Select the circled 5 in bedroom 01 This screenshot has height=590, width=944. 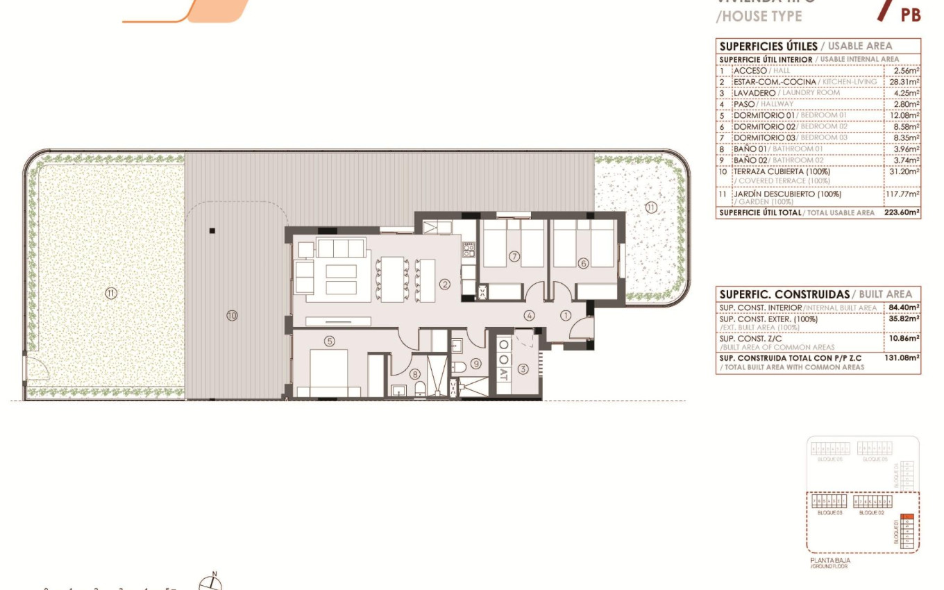click(x=330, y=341)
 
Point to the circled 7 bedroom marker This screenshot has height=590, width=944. click(x=514, y=256)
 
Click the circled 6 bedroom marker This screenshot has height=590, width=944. click(x=583, y=262)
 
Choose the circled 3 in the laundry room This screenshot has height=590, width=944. click(x=523, y=369)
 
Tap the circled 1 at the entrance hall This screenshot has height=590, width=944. click(x=566, y=316)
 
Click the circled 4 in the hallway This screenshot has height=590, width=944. click(x=530, y=316)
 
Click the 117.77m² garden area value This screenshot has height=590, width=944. click(x=902, y=195)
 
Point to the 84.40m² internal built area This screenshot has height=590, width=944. click(x=904, y=307)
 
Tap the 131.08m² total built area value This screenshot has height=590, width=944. click(x=902, y=357)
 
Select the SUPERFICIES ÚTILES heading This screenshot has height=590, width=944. click(x=768, y=47)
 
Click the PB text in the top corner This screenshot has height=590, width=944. click(x=911, y=15)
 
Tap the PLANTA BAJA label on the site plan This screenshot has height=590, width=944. click(x=829, y=560)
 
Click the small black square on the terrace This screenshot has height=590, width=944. click(x=212, y=230)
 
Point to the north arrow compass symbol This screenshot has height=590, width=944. click(x=210, y=582)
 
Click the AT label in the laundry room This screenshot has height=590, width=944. click(x=504, y=373)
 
